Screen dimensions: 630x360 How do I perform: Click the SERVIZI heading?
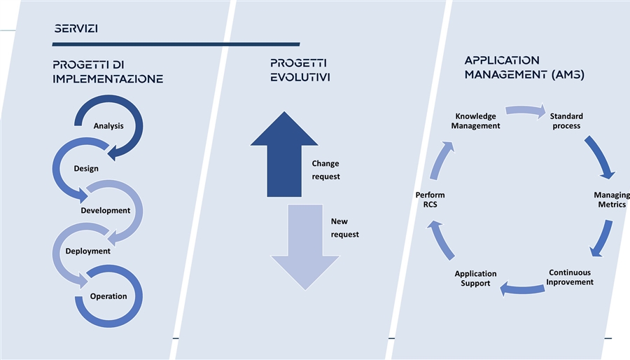pos(76,29)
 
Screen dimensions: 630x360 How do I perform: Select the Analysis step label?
pos(108,126)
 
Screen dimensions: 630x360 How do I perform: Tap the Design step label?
pos(86,169)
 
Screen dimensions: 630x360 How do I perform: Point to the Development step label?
pos(105,211)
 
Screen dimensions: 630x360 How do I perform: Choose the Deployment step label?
pos(87,251)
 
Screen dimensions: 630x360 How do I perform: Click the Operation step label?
pos(108,296)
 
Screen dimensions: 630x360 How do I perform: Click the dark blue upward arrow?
pos(284,154)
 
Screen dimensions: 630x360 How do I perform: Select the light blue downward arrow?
pos(305,247)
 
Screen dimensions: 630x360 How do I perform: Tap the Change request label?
pos(325,170)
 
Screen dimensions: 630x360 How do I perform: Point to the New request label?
pos(344,228)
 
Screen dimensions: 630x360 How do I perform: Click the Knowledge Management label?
pos(475,121)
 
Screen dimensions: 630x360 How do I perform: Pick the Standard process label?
pos(566,121)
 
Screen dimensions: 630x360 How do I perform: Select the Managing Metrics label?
pos(612,200)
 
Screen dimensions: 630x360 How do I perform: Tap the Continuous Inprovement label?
pos(570,277)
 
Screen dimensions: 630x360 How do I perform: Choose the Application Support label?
pos(475,279)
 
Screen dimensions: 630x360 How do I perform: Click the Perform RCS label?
pos(430,200)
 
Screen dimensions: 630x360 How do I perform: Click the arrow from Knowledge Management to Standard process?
pos(526,110)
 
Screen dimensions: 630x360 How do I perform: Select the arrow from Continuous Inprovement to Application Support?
pos(521,289)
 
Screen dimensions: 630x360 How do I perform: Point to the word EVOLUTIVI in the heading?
pos(300,77)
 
